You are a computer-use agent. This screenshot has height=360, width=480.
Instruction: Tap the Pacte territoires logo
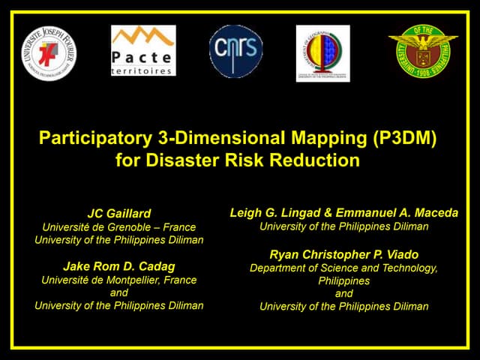tap(143, 51)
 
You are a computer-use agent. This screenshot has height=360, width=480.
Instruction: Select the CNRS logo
tap(235, 51)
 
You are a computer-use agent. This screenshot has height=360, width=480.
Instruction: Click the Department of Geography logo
tap(322, 52)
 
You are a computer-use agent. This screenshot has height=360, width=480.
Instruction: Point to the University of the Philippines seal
tap(423, 51)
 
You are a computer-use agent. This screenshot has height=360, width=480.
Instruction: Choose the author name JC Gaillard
tap(119, 214)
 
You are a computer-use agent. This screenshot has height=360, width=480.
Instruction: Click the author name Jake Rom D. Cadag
tap(119, 266)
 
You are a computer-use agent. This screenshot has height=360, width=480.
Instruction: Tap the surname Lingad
tap(297, 213)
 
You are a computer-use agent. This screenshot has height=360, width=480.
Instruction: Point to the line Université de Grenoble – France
tap(119, 227)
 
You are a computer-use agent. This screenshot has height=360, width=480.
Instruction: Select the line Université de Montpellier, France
tap(119, 280)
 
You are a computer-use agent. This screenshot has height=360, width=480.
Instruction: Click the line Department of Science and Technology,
tap(343, 267)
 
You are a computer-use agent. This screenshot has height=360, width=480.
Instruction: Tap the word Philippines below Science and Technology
tap(343, 280)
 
